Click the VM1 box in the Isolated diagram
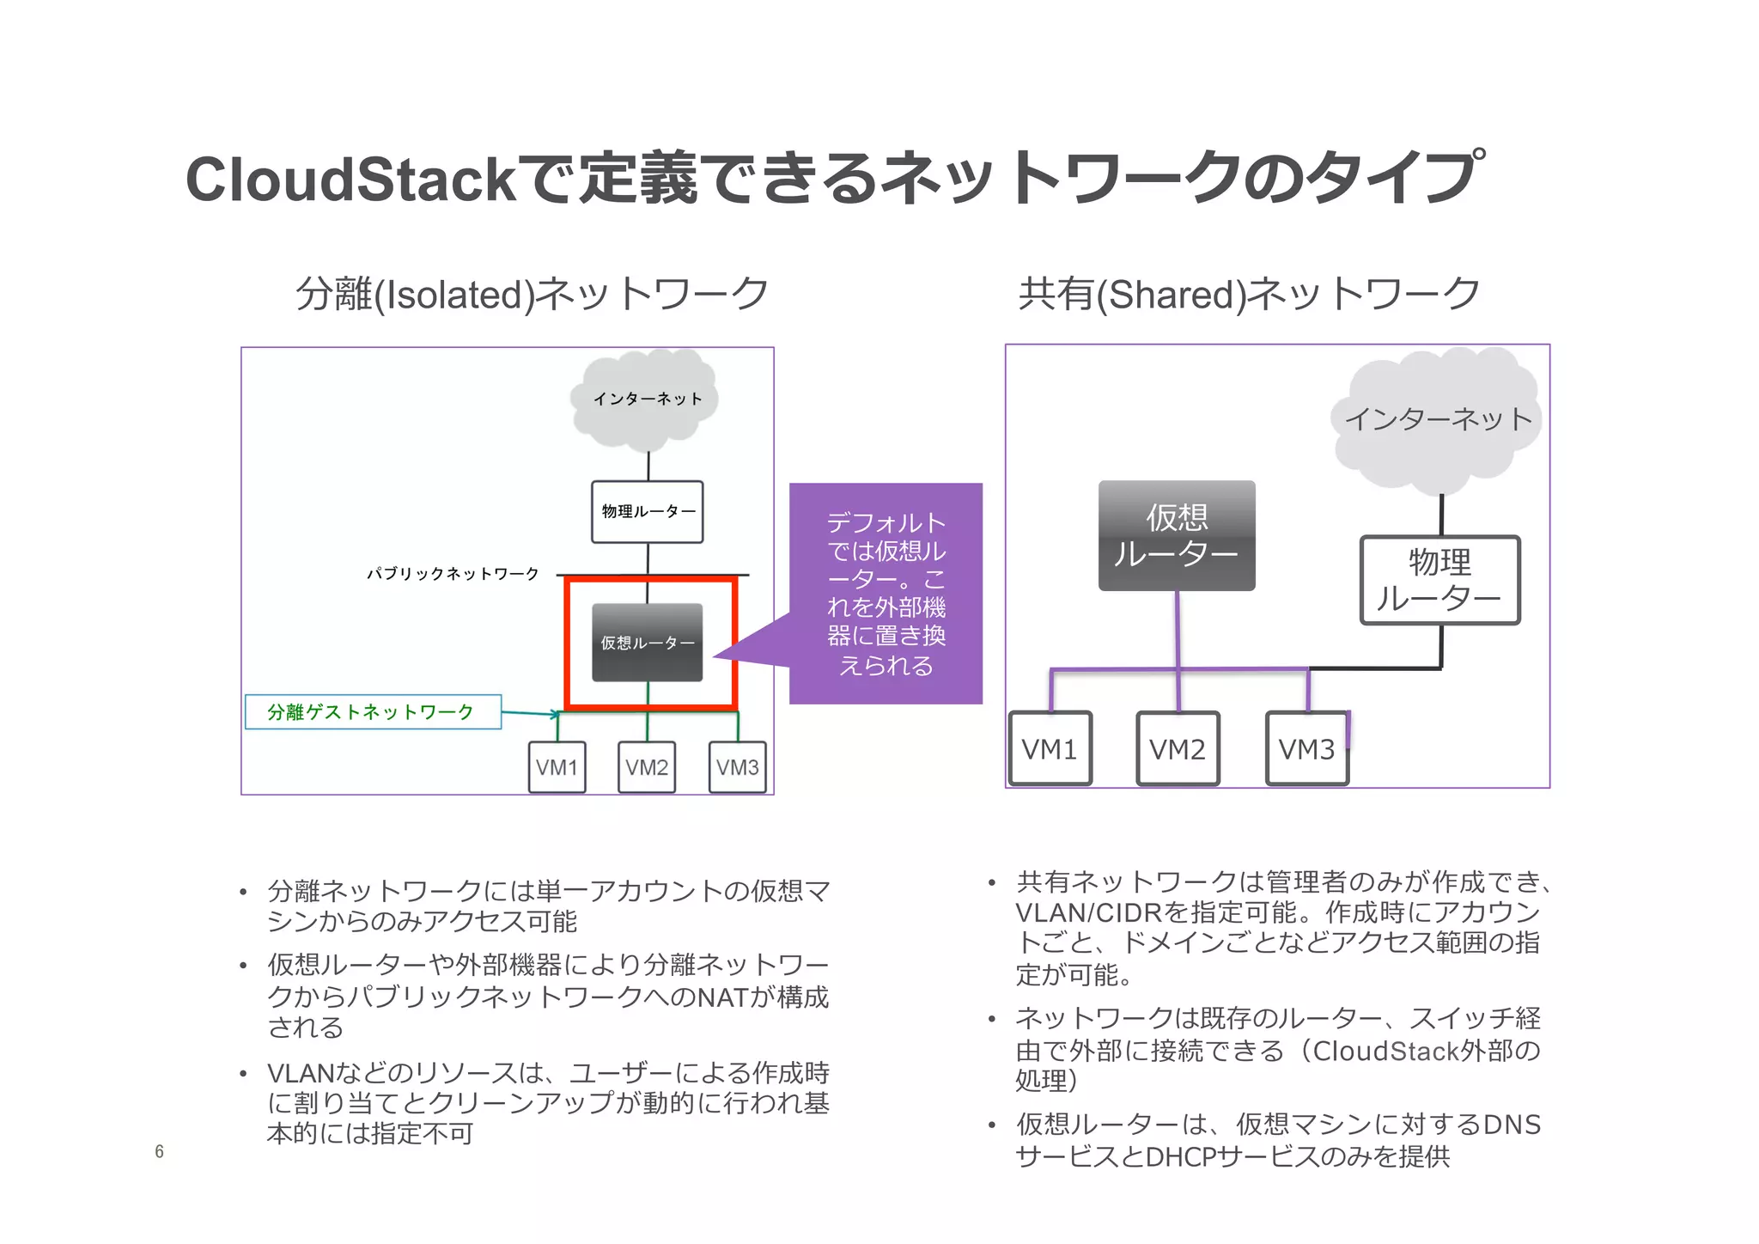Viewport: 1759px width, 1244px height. tap(557, 767)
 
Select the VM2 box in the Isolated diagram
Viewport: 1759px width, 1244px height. tap(647, 767)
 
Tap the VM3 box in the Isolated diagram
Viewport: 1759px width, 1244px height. tap(737, 767)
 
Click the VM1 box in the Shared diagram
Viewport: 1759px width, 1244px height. tap(1050, 749)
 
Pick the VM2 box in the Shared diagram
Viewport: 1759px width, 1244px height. tap(1178, 749)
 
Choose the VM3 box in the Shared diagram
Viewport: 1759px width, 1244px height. tap(1306, 749)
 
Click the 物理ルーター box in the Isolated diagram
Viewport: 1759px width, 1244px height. tap(648, 512)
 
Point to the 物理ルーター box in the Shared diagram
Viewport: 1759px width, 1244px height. tap(1439, 581)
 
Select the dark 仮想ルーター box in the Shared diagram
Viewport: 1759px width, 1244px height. tap(1177, 535)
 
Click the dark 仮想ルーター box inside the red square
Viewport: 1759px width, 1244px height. tap(648, 643)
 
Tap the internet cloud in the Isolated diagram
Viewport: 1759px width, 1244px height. tap(646, 399)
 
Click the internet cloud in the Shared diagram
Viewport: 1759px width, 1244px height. tap(1438, 419)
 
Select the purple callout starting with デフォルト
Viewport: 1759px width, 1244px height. tap(886, 594)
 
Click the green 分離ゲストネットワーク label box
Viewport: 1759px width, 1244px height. tap(373, 712)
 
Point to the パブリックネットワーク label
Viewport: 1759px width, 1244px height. tap(453, 574)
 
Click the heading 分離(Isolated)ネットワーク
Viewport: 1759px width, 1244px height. tap(532, 294)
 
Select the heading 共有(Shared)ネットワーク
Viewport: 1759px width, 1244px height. tap(1249, 294)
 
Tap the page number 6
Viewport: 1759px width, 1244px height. tap(159, 1152)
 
